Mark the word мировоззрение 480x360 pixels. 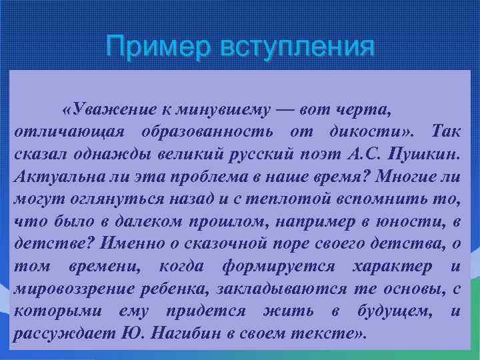(x=71, y=290)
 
